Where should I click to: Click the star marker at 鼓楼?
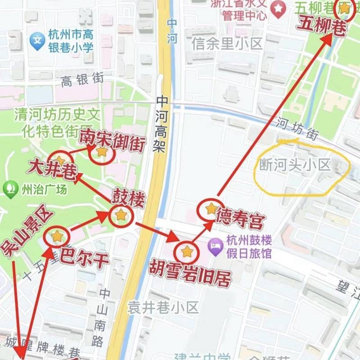coord(121,215)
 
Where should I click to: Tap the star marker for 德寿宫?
coord(211,209)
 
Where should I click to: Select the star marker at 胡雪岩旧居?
coord(187,252)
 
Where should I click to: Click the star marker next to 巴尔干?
coord(57,236)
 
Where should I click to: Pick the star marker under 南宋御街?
coord(102,152)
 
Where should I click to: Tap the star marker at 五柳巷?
coord(344,8)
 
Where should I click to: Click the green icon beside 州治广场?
coord(9,189)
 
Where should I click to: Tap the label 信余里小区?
coord(227,44)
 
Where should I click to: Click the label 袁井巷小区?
coord(163,308)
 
